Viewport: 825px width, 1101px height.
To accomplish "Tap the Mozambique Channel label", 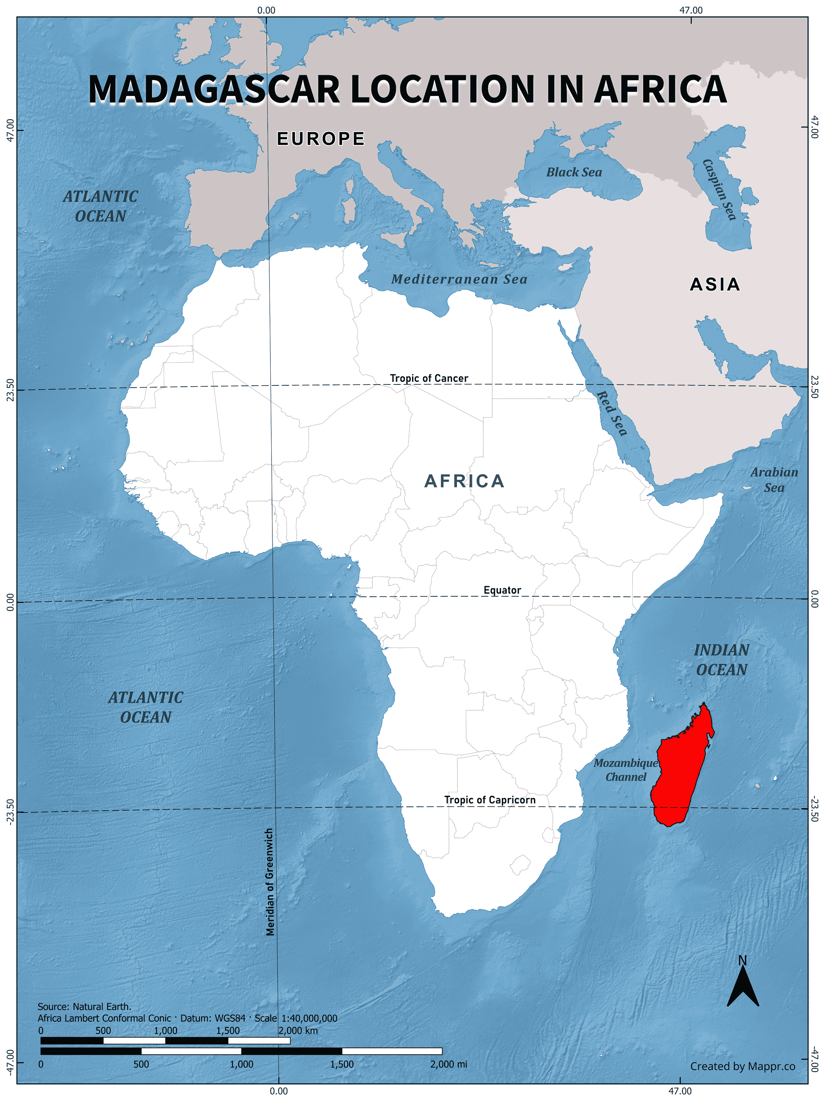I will (x=626, y=769).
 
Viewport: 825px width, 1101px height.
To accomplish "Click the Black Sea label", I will (x=574, y=172).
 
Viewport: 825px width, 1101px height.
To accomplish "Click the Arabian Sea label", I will (x=774, y=480).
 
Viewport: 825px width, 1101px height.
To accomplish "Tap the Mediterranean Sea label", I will (x=459, y=279).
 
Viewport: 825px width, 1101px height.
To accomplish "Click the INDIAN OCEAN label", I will (x=722, y=660).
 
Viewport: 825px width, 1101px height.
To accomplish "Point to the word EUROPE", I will (x=321, y=139).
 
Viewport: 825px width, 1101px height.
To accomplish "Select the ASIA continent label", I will (x=715, y=284).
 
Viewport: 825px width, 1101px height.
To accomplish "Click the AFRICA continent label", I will (x=464, y=481).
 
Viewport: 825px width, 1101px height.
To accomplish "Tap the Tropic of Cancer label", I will (x=428, y=378).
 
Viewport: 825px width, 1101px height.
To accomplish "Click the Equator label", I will (x=502, y=590).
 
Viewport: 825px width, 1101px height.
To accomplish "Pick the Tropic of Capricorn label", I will (x=490, y=800).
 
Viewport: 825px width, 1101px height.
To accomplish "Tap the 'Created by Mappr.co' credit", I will (x=742, y=1066).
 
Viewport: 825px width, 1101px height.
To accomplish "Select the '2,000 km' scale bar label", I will (x=298, y=1031).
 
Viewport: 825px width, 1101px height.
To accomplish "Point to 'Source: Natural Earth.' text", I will (x=85, y=1006).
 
